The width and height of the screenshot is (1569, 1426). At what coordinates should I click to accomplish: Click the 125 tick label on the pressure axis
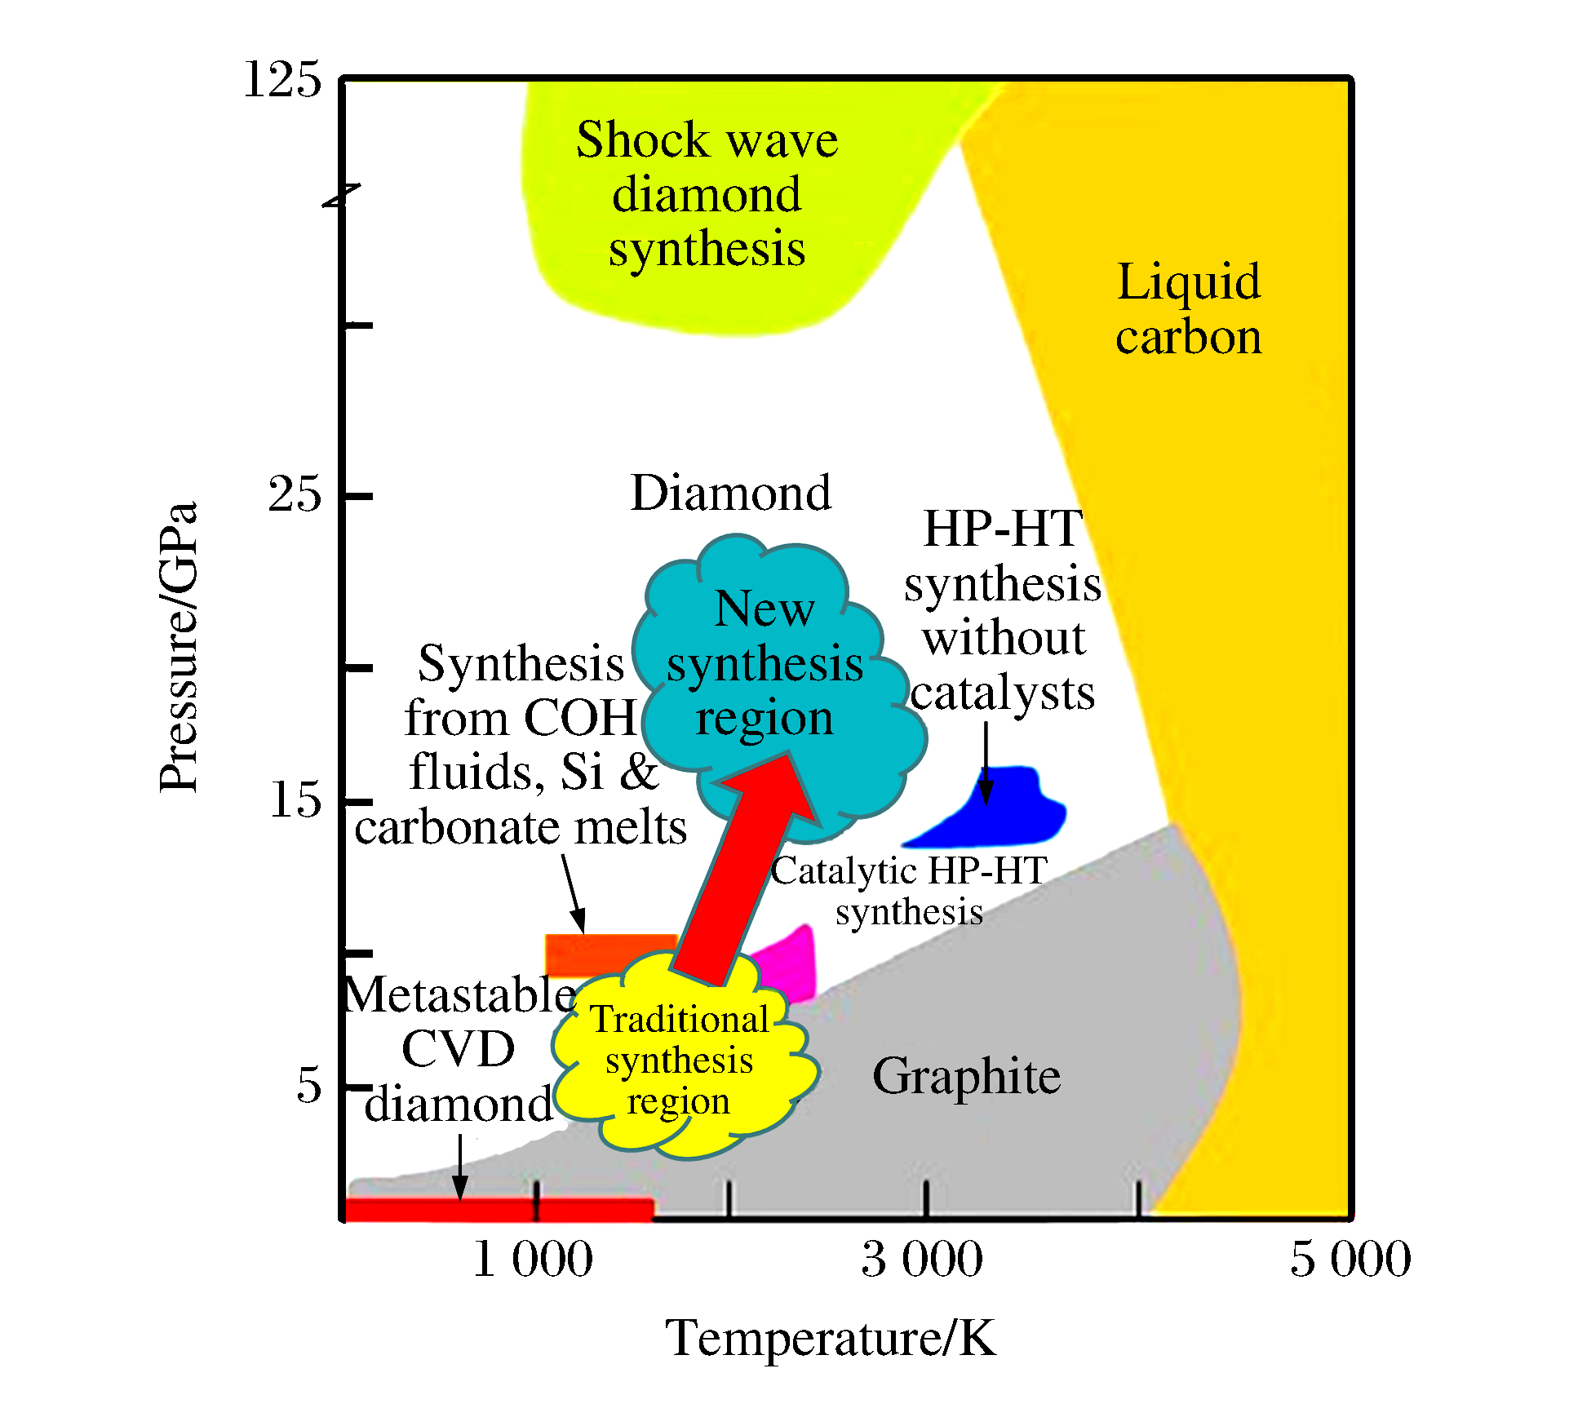pos(282,80)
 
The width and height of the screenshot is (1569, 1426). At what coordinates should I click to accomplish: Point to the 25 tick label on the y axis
pos(295,494)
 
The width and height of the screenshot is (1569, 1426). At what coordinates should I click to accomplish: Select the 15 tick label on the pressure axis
pos(295,799)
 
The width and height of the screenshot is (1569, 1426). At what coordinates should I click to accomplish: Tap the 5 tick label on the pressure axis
pos(308,1086)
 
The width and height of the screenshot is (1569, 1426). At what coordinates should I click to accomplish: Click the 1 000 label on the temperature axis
pos(533,1259)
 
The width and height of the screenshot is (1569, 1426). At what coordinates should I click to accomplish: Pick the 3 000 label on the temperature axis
pos(922,1259)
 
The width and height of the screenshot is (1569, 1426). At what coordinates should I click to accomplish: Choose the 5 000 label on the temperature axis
pos(1350,1259)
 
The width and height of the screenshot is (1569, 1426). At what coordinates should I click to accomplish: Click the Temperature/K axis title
pos(831,1339)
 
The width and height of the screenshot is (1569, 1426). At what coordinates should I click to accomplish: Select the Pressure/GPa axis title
pos(179,646)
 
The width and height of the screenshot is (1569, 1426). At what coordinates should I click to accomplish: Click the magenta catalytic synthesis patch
pos(791,963)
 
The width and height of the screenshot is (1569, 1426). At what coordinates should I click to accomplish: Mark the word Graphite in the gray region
pos(966,1076)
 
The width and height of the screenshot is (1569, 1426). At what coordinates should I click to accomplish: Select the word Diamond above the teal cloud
pos(730,494)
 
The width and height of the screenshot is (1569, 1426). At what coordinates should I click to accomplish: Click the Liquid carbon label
pos(1188,308)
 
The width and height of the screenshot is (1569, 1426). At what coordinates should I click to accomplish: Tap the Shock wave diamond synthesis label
pos(707,194)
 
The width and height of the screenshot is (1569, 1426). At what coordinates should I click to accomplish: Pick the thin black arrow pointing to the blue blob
pos(986,763)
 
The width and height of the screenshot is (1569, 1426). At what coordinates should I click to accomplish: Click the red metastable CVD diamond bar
pos(498,1209)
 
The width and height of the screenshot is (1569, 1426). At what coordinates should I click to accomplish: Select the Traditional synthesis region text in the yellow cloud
pos(679,1061)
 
